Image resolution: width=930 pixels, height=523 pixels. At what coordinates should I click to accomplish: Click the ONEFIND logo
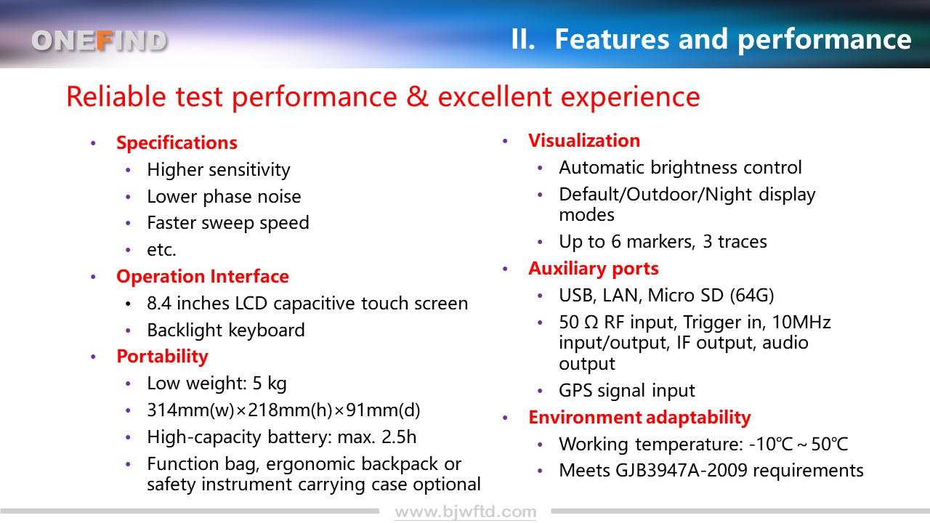(100, 41)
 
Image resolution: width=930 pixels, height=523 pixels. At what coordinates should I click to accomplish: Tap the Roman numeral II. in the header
(522, 39)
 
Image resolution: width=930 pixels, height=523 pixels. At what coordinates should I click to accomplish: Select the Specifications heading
(177, 143)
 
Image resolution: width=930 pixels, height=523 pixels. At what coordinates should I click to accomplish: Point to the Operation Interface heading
(203, 277)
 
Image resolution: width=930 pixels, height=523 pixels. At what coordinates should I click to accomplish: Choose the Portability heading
(162, 357)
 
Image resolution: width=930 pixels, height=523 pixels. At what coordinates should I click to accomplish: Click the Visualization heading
(584, 141)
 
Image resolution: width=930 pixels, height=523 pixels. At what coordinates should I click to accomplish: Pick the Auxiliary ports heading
(594, 269)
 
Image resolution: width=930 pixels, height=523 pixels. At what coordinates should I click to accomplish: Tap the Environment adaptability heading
(639, 418)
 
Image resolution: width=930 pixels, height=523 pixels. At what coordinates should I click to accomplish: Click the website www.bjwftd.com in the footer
(466, 512)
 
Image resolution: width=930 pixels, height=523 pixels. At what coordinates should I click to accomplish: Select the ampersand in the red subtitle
(417, 97)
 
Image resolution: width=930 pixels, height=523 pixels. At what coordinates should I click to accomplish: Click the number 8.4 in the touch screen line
(159, 304)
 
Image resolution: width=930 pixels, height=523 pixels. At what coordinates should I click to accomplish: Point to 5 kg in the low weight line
(270, 384)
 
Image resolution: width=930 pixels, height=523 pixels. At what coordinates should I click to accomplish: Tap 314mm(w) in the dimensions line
(190, 410)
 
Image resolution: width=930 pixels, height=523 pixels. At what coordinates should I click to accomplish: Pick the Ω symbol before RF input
(591, 323)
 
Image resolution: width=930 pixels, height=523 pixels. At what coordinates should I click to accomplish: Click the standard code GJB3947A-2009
(682, 471)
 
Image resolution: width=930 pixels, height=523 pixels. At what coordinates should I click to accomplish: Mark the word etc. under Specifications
(161, 250)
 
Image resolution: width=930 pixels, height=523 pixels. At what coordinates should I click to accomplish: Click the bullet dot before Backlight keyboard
(128, 331)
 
